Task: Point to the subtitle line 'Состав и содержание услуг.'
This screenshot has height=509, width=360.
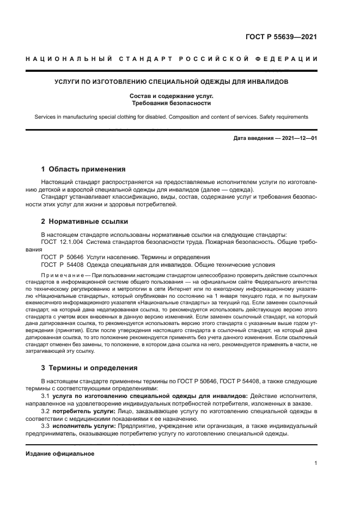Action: click(x=171, y=96)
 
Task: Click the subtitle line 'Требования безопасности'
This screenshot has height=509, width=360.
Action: click(x=171, y=103)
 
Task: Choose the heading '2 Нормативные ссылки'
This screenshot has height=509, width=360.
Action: click(x=84, y=222)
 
